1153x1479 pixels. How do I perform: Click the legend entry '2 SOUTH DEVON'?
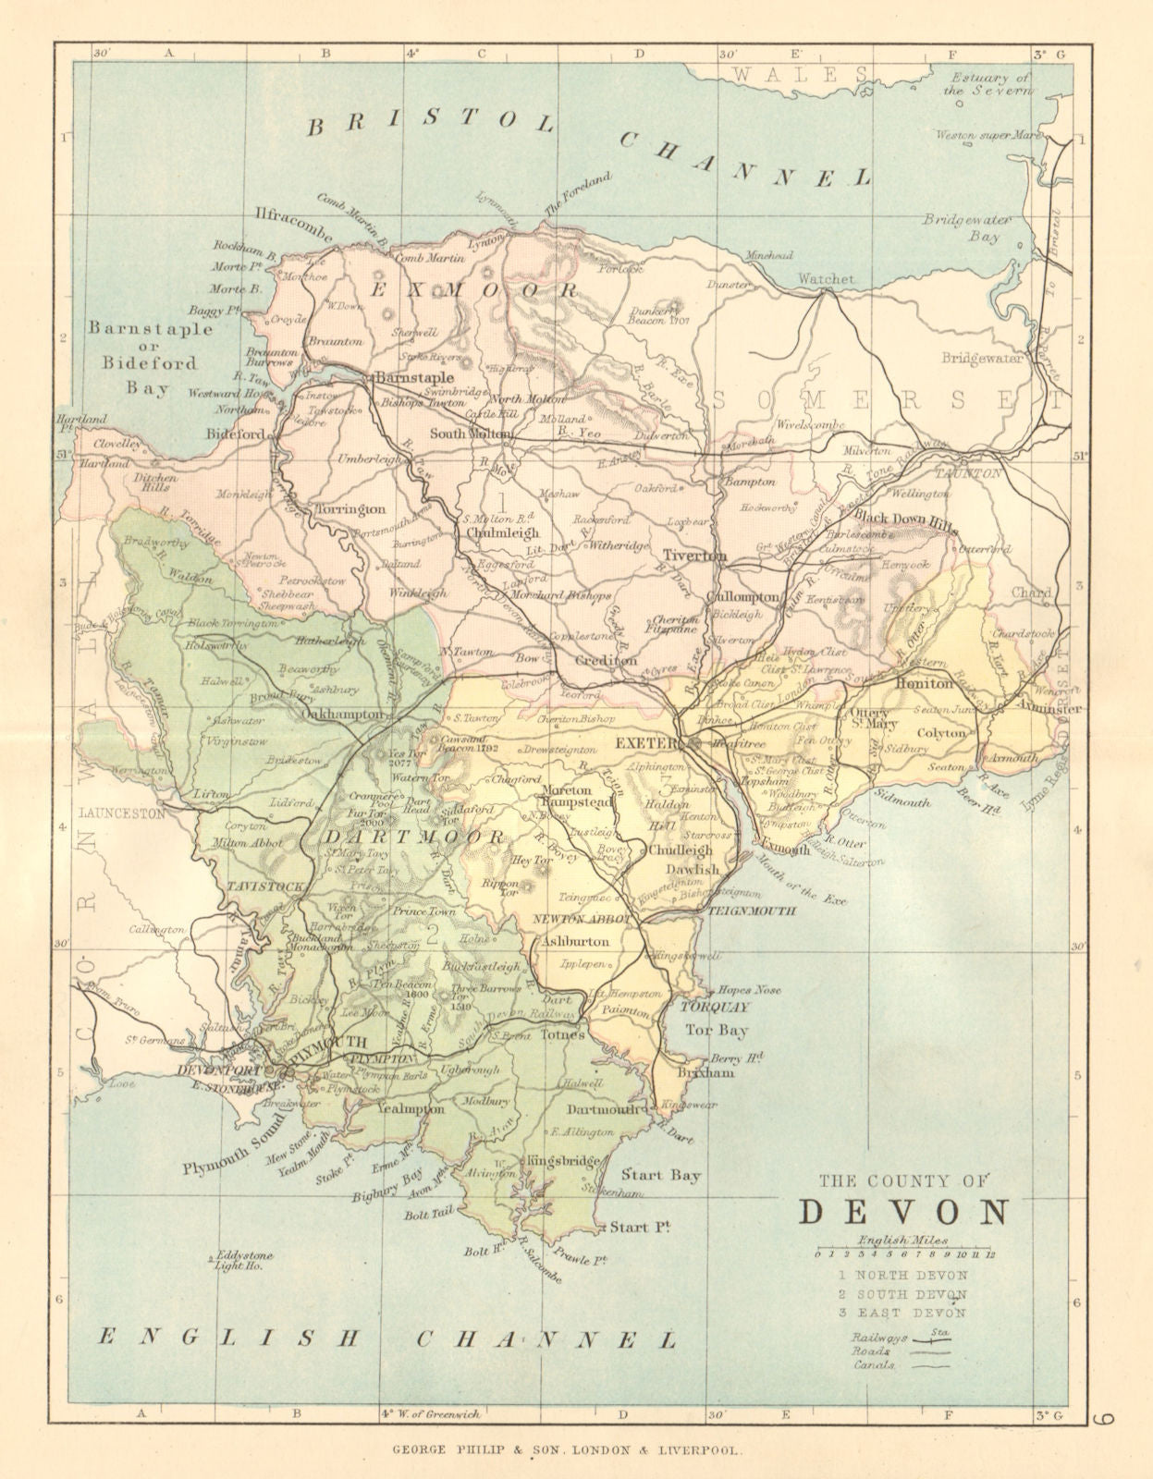pos(898,1294)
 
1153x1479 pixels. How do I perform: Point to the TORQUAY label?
pos(713,1008)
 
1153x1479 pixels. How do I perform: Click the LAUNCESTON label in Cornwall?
pos(122,813)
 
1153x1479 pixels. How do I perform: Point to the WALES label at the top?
pos(811,74)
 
